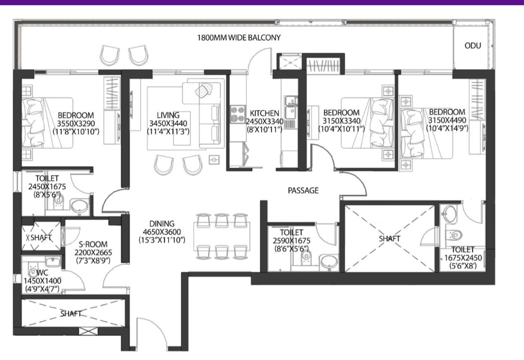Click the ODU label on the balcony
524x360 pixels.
click(472, 46)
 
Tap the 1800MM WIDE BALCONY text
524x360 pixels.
click(239, 38)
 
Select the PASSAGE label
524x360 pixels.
click(303, 191)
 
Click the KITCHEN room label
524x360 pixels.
click(264, 114)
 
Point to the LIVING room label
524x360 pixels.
click(168, 116)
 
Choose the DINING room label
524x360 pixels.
click(162, 223)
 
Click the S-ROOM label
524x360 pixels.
click(93, 244)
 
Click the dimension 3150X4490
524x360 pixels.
click(447, 120)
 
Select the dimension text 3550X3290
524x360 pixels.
click(76, 123)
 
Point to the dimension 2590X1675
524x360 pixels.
click(292, 240)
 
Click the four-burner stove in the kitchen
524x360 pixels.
click(238, 114)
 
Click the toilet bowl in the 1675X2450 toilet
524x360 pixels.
click(455, 235)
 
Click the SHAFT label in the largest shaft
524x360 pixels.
click(389, 239)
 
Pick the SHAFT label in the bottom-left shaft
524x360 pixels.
click(70, 314)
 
